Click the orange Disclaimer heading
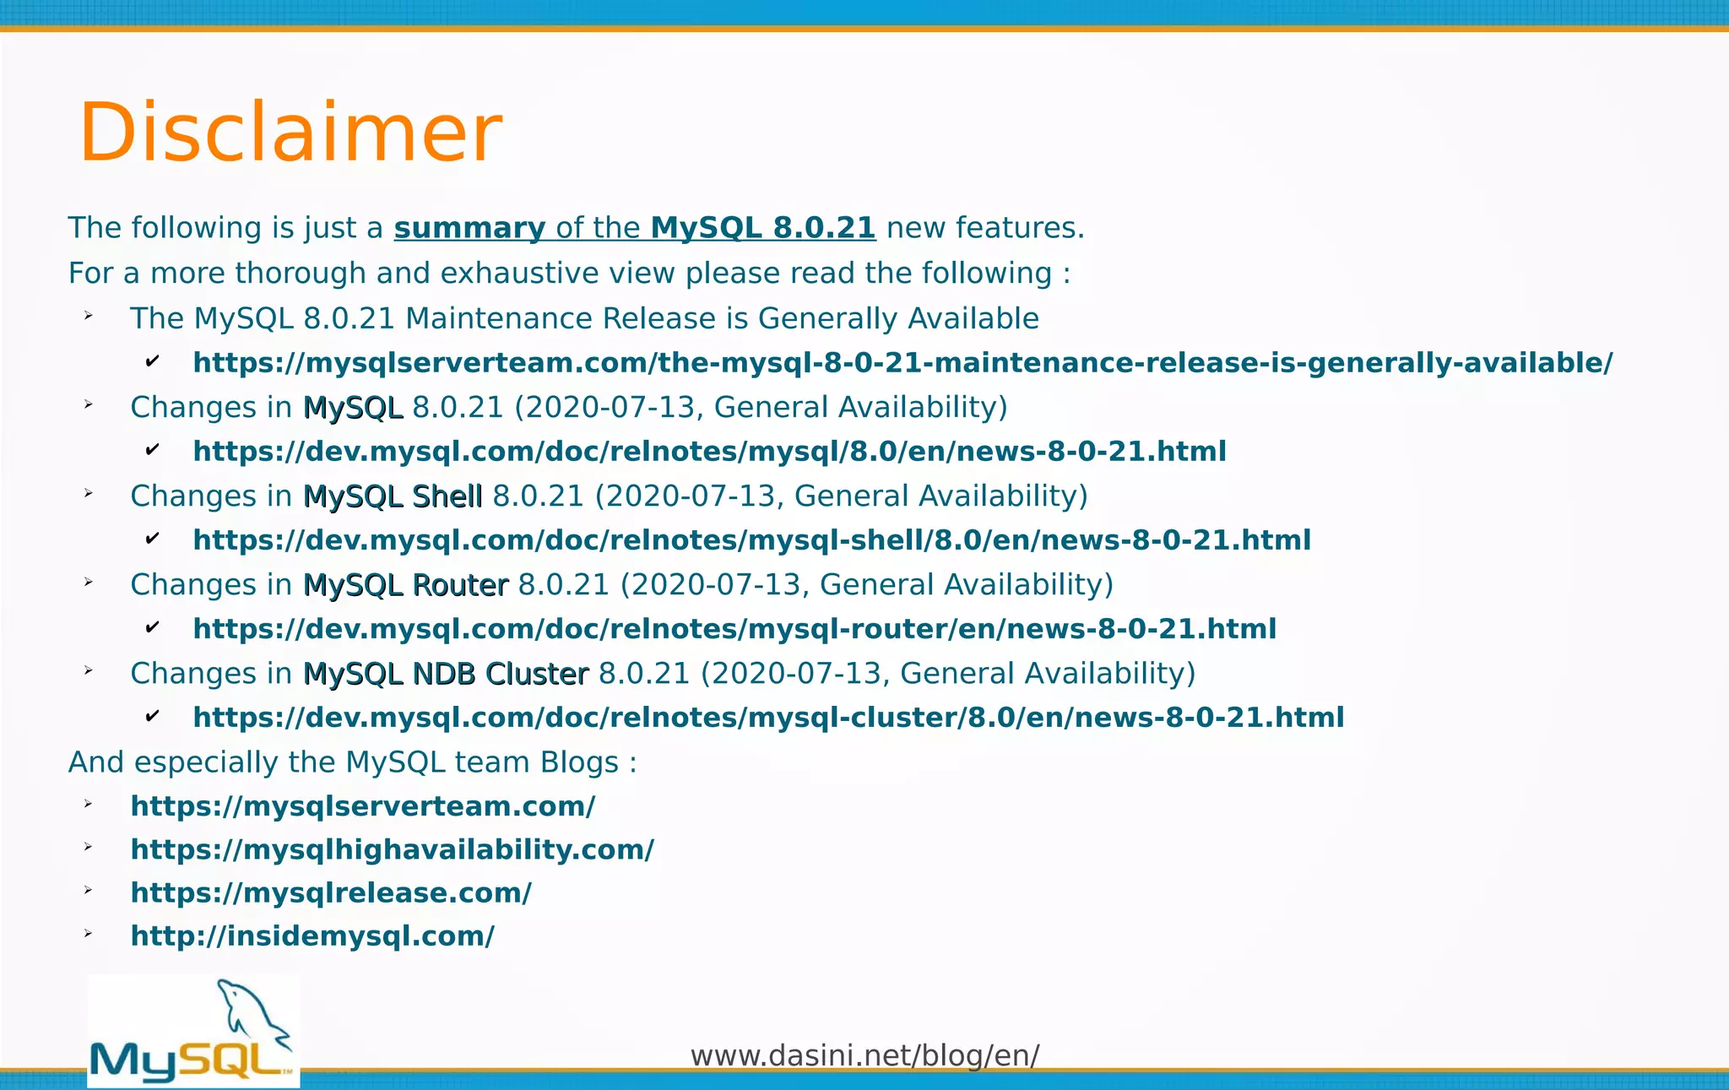pos(290,133)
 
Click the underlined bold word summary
pos(469,228)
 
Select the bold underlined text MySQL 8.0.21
pos(763,228)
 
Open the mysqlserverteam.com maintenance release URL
pos(902,363)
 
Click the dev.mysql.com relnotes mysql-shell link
pos(751,540)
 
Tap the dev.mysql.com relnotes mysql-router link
pos(734,629)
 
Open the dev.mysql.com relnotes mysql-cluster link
pos(768,718)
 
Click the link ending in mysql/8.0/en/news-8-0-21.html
pos(709,452)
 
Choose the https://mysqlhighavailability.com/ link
pos(392,849)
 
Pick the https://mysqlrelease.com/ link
pos(331,892)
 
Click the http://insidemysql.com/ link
pos(312,935)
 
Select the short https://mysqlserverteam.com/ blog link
pos(363,806)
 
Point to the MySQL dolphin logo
pos(193,1032)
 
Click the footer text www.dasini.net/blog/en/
pos(864,1055)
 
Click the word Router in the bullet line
pos(460,585)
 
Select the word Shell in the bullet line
pos(447,496)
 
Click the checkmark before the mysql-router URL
pos(153,627)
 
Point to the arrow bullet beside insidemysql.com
pos(88,934)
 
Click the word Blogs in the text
pos(579,762)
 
